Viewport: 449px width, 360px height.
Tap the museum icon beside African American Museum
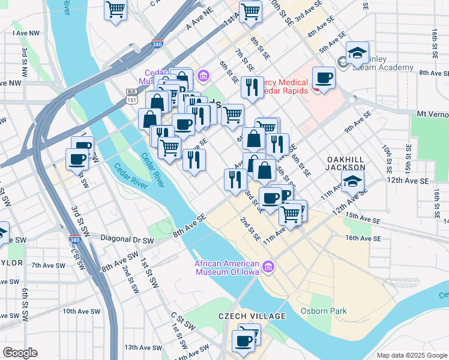click(268, 265)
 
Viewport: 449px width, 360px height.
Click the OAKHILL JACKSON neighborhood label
click(345, 163)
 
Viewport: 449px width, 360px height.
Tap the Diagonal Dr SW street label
click(127, 239)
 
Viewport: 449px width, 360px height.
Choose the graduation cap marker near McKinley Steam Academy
click(358, 54)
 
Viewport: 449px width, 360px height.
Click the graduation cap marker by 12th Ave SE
click(353, 182)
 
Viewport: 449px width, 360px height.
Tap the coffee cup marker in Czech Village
click(244, 341)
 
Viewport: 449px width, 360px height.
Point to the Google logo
click(20, 353)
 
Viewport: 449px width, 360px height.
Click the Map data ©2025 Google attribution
click(411, 355)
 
